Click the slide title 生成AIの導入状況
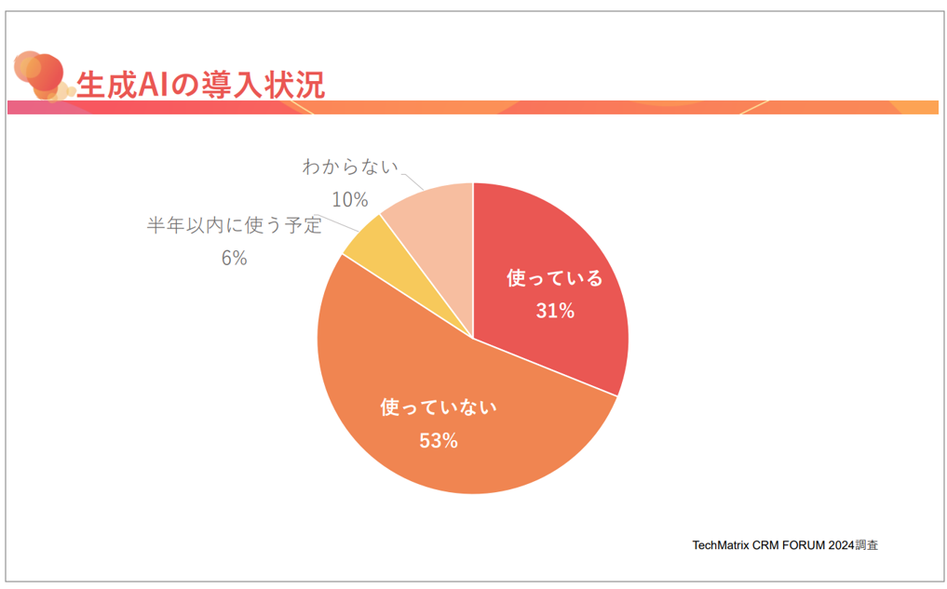(200, 85)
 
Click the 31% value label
(554, 312)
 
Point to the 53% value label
(438, 441)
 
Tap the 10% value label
(350, 199)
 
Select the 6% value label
(234, 259)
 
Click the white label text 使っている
(554, 278)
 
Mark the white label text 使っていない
(439, 408)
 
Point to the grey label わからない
(350, 167)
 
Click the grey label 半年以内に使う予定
(234, 226)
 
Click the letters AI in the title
(155, 85)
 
